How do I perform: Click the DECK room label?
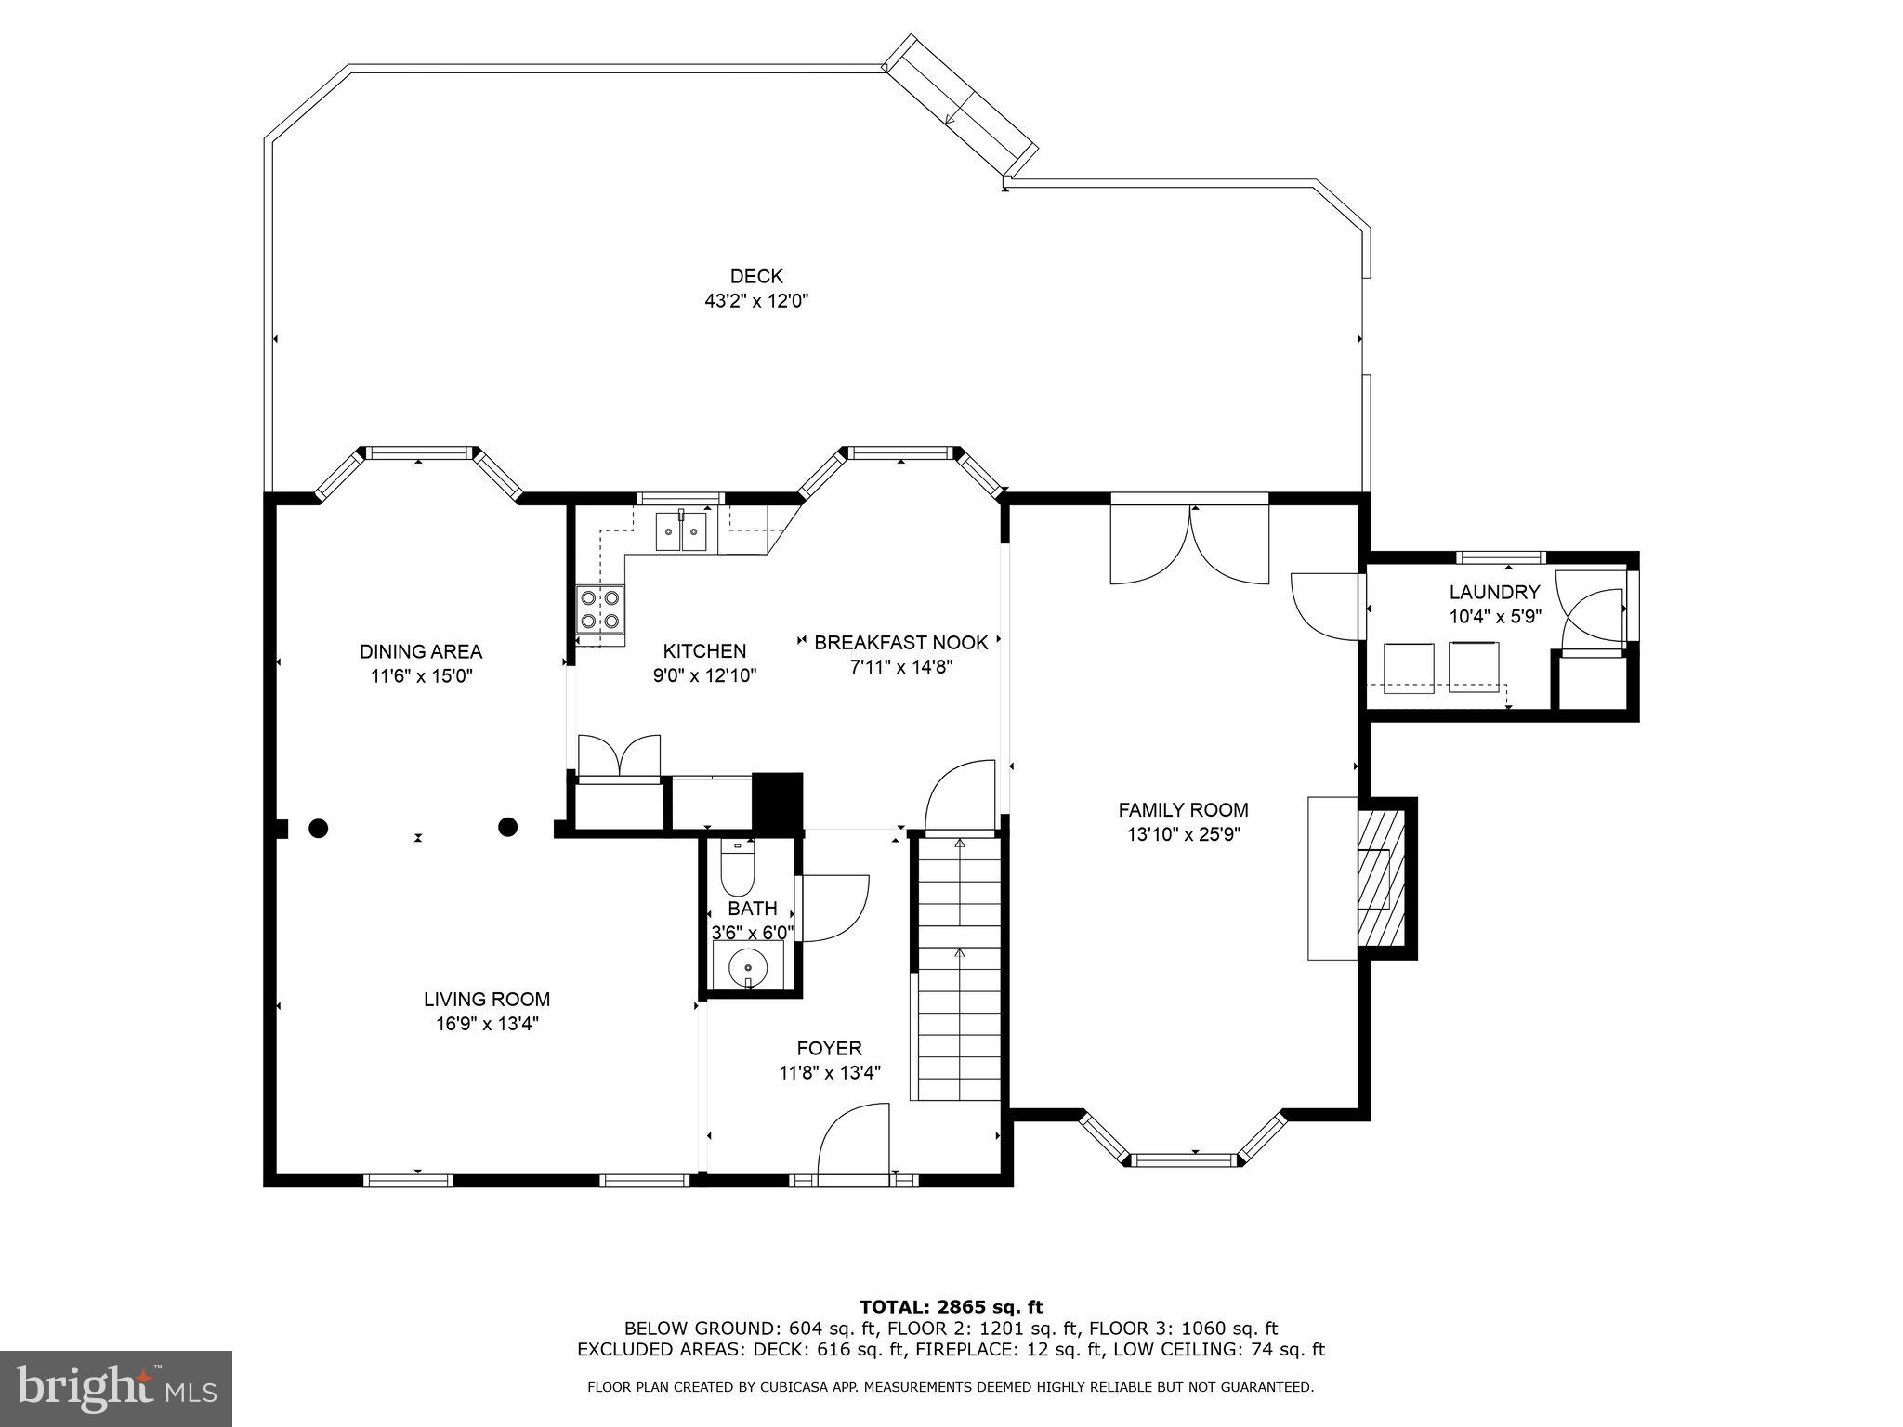click(x=755, y=276)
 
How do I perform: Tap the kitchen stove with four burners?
click(x=600, y=609)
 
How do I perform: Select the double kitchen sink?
click(x=681, y=532)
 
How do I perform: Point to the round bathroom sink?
click(x=747, y=967)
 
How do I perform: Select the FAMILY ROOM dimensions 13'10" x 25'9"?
click(x=1183, y=834)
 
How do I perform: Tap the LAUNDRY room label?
click(x=1494, y=592)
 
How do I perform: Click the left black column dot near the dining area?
click(x=318, y=827)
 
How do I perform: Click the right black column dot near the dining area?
click(x=507, y=827)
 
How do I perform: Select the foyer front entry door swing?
click(x=852, y=1141)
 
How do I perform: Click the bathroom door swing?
click(x=832, y=908)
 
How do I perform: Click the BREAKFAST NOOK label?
click(x=900, y=642)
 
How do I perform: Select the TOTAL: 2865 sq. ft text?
click(x=951, y=1307)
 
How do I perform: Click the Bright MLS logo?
click(x=116, y=1388)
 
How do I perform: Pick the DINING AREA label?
click(x=421, y=651)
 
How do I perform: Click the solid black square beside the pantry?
click(x=776, y=799)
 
